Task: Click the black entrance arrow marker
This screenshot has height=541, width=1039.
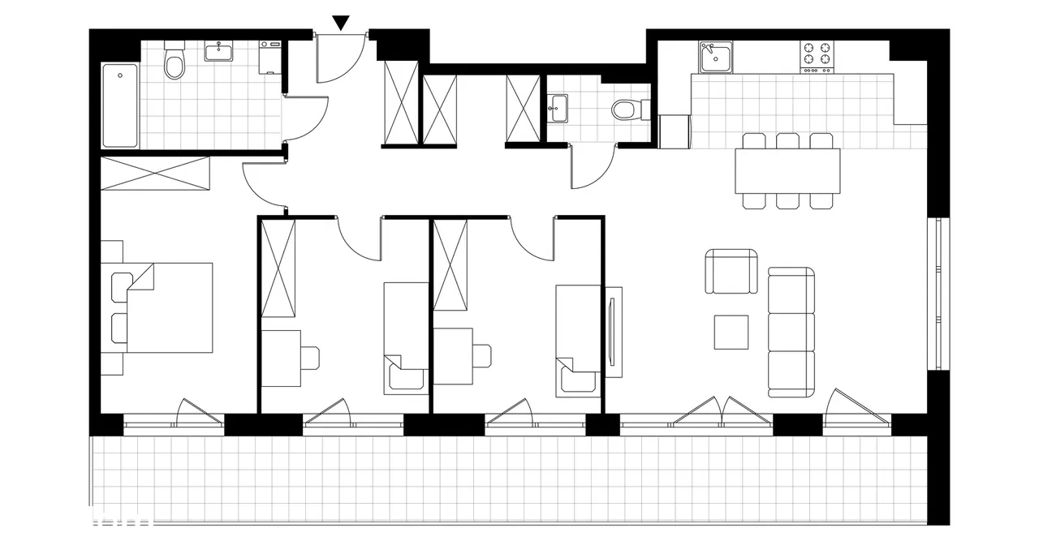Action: [342, 23]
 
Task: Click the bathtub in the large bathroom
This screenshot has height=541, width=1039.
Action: [120, 106]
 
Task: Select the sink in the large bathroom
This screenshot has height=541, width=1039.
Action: [218, 53]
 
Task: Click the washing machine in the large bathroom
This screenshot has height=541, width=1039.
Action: [269, 58]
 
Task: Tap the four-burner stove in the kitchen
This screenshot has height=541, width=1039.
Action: [818, 57]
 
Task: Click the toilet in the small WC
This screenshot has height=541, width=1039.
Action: [628, 109]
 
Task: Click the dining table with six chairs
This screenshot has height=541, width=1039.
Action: [787, 171]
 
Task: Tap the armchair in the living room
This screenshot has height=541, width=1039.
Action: [731, 273]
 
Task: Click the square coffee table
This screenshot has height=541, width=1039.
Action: [731, 332]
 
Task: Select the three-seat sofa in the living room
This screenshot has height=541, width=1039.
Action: [791, 332]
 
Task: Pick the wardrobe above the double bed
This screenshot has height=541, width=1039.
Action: [155, 174]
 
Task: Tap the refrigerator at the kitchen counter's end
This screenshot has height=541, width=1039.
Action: [675, 131]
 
